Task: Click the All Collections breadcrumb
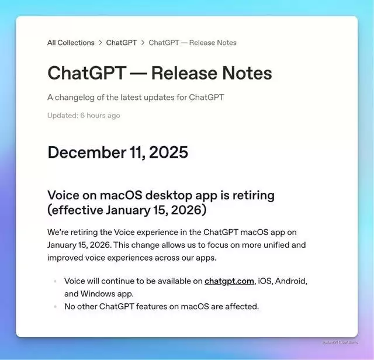point(71,43)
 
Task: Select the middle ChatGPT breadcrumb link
point(122,43)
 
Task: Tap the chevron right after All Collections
point(101,43)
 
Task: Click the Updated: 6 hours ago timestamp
point(84,115)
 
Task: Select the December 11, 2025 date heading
point(117,153)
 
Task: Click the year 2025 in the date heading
point(168,153)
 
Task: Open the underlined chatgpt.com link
point(229,281)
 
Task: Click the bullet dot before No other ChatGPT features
point(56,306)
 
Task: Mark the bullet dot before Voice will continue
point(56,281)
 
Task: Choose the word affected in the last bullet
point(240,306)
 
